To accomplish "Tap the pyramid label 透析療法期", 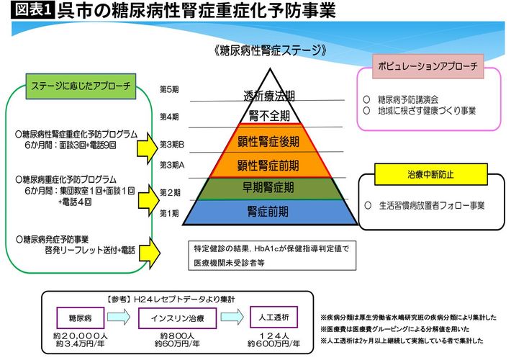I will click(268, 96).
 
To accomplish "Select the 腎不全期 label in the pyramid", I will click(268, 115).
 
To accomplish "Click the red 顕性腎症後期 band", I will click(268, 140).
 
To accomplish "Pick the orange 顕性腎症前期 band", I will click(268, 165).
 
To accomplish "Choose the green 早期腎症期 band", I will click(268, 189).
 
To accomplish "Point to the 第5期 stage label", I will click(169, 89).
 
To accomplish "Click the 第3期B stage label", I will click(173, 144).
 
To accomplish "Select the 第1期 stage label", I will click(169, 213).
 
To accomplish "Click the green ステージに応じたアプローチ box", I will click(81, 85).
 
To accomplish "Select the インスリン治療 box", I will click(175, 318).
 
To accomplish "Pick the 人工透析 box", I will click(271, 318).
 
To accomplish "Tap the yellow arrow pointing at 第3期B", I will click(147, 148).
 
